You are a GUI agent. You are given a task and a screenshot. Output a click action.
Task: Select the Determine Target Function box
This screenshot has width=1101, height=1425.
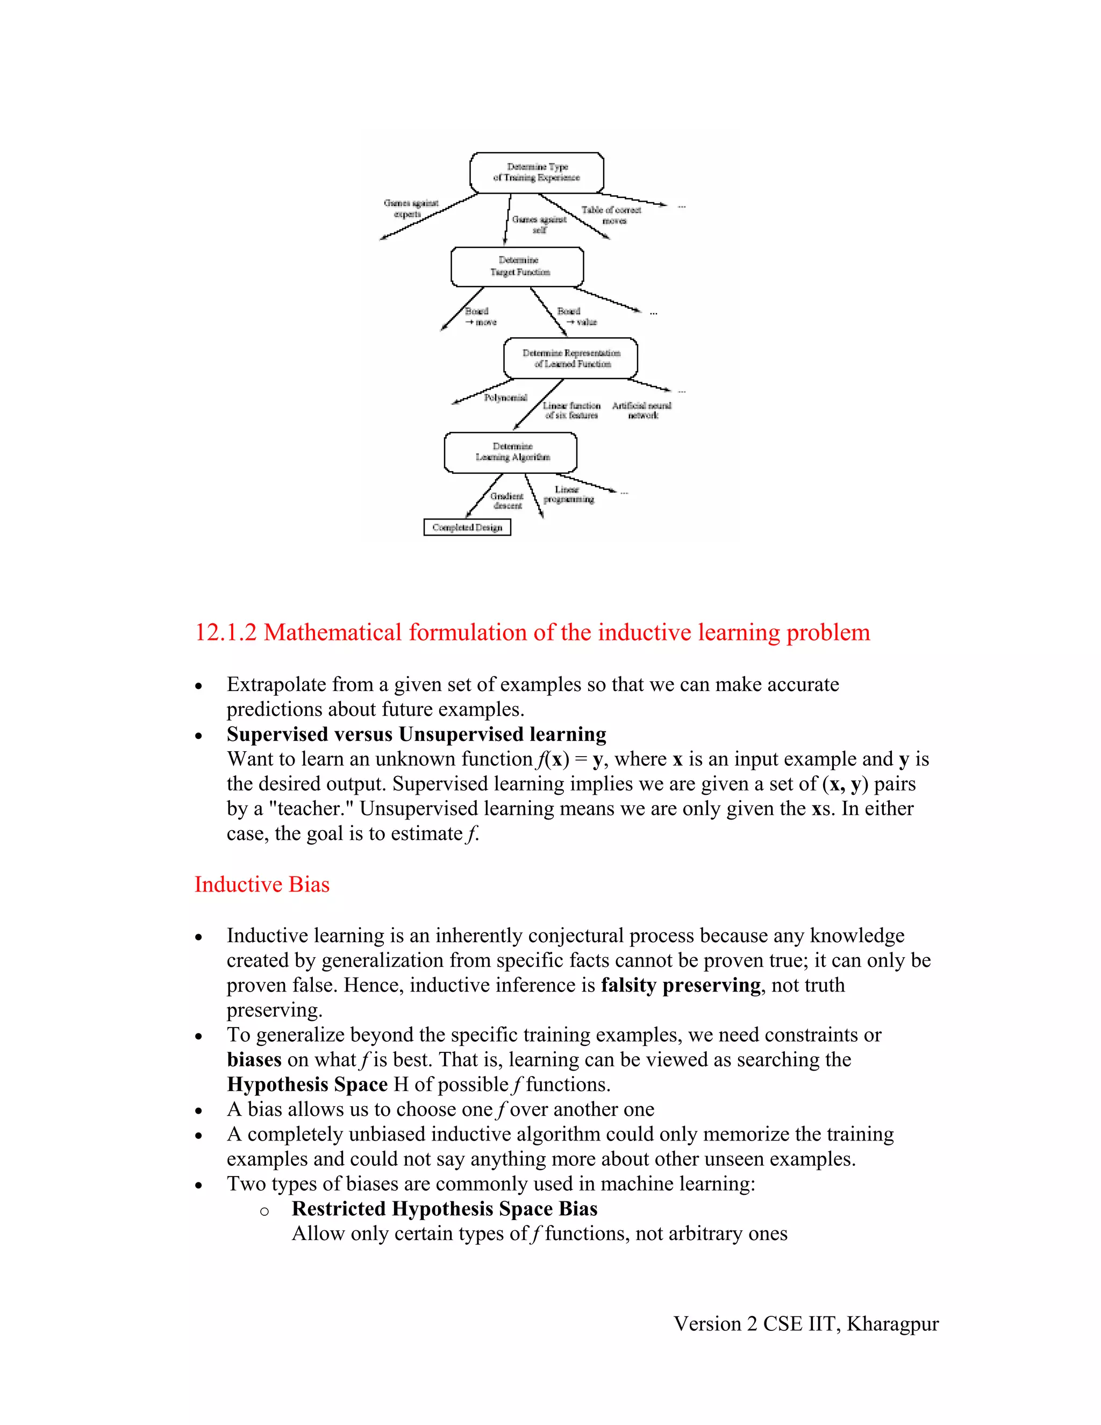point(517,266)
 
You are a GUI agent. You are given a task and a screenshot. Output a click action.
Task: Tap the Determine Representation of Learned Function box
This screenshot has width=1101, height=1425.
point(571,358)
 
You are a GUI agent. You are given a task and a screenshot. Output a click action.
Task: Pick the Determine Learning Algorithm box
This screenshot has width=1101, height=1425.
point(511,452)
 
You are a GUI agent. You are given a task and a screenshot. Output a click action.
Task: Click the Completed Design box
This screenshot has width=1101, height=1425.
point(467,527)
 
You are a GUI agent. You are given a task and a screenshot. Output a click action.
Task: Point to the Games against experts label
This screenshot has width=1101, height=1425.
point(410,209)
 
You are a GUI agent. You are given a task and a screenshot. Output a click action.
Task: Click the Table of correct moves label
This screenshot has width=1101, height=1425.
point(612,215)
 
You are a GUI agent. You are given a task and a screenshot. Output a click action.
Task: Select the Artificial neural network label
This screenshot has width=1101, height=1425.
point(642,410)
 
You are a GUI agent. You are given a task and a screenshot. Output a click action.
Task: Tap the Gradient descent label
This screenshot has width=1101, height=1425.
point(507,501)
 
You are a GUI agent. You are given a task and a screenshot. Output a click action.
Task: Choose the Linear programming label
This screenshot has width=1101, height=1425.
point(568,495)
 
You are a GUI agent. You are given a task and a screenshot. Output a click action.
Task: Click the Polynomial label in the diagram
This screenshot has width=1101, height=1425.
point(505,397)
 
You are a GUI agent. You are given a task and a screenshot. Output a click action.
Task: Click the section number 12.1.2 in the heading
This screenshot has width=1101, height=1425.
point(226,632)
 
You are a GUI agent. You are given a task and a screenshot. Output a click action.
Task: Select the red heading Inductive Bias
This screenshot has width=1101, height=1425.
point(262,884)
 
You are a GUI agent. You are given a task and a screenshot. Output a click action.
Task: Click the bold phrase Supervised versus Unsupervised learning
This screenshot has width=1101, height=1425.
point(416,734)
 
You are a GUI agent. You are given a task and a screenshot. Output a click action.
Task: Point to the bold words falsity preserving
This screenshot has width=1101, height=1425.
point(680,985)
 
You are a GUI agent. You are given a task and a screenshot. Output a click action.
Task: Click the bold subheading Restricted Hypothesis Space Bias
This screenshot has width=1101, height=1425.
point(444,1208)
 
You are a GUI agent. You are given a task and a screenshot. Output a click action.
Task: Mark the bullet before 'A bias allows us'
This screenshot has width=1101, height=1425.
point(199,1110)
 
